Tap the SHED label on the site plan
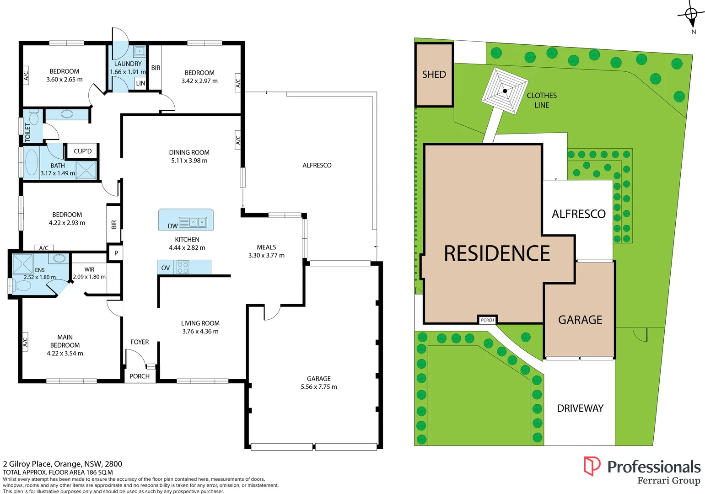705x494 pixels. (x=434, y=75)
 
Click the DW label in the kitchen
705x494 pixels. (x=172, y=226)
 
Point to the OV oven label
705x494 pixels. (x=166, y=268)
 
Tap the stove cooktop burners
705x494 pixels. (x=183, y=267)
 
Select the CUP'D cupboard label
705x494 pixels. (x=83, y=151)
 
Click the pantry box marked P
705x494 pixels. (x=116, y=253)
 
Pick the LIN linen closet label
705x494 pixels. (x=140, y=83)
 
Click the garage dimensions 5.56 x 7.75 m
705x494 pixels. (x=318, y=387)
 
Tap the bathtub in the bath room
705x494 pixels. (x=32, y=162)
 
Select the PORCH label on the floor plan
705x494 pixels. (x=140, y=376)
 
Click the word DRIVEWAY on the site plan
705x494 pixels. (x=580, y=408)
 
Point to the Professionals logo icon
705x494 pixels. (x=592, y=466)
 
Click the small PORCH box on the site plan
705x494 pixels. (x=487, y=320)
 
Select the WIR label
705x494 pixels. (x=89, y=269)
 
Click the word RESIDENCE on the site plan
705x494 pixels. (x=497, y=253)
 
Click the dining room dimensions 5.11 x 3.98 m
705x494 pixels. (x=189, y=161)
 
